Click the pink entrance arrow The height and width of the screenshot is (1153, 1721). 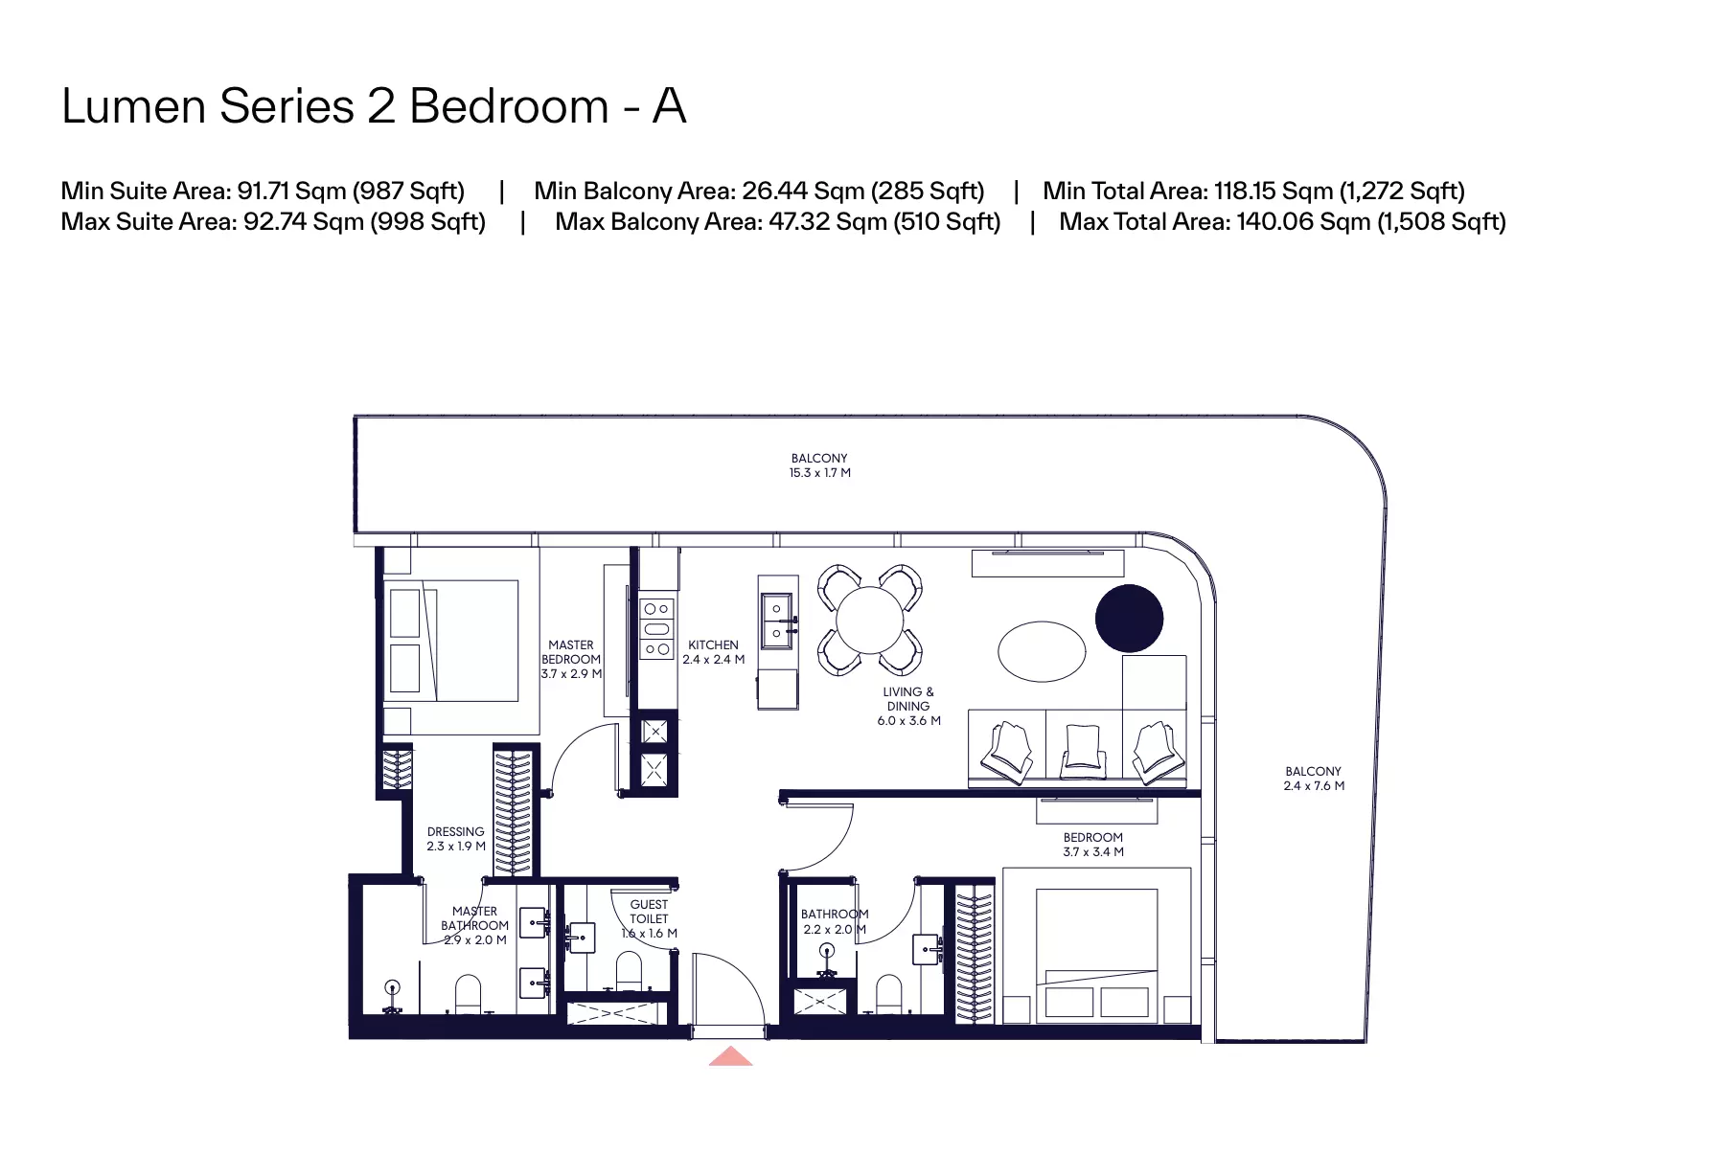730,1056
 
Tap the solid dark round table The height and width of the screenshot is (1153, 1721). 1129,619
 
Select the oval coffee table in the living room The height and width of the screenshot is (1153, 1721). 1042,651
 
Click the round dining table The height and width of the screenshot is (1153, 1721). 869,621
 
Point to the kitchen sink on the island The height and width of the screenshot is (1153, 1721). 776,620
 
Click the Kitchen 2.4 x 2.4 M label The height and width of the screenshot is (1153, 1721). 713,652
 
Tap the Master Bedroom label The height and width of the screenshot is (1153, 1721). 571,660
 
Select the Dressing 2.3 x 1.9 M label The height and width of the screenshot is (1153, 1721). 456,839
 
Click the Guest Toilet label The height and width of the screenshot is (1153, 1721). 649,918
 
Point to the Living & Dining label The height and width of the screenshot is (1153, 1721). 908,706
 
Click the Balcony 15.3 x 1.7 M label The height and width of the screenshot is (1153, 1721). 819,465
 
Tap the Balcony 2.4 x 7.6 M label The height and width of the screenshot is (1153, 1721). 1314,779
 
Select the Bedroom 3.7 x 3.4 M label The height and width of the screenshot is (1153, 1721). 1093,844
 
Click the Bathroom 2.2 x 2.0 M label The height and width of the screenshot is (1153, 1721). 835,921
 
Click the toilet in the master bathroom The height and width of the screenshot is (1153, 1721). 468,994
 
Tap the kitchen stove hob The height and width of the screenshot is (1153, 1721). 656,628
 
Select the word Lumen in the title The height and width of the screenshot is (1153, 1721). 135,105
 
